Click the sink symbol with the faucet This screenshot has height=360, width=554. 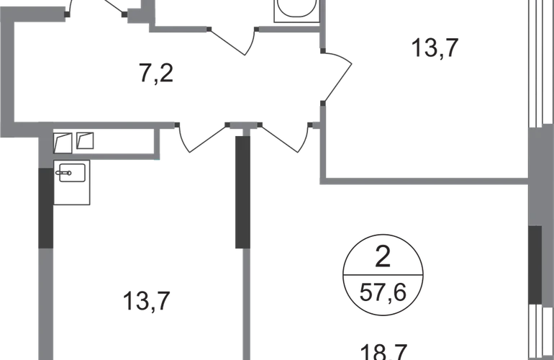[x=72, y=173]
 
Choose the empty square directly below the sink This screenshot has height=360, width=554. [x=73, y=194]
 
